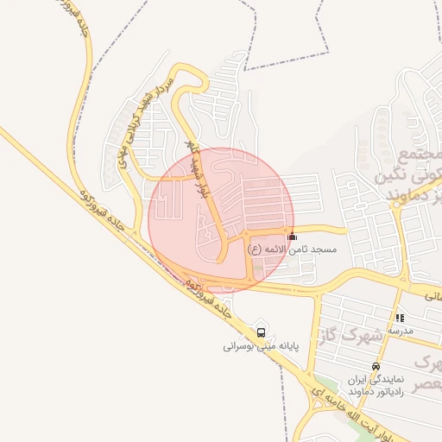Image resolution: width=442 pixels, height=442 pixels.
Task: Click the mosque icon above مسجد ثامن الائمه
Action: [292, 236]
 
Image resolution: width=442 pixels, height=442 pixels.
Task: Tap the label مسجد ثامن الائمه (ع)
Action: [291, 249]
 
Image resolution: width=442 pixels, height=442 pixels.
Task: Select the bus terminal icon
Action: [262, 331]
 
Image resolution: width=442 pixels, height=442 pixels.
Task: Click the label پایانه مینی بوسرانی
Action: [260, 347]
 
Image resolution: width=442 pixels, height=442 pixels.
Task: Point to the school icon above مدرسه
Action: [400, 318]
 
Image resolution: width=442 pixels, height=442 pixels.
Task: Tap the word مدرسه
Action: [401, 331]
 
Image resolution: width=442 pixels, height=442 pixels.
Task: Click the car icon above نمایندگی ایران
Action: [375, 366]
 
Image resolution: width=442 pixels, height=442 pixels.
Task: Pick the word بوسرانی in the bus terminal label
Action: [241, 347]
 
